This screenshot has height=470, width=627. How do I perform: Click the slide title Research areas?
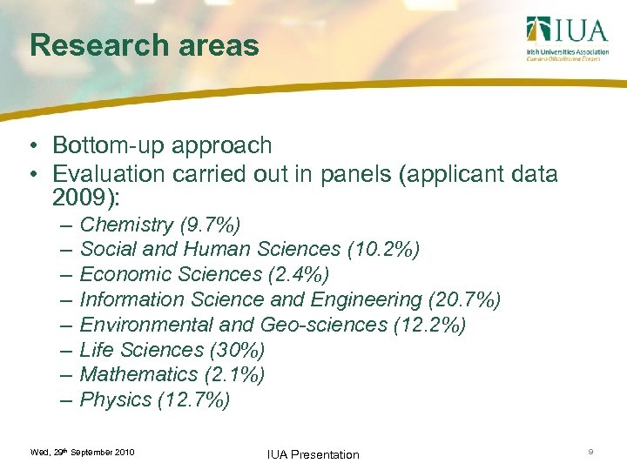click(x=144, y=45)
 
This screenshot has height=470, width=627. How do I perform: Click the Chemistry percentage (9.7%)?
click(x=211, y=225)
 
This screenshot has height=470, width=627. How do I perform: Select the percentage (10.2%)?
click(x=383, y=250)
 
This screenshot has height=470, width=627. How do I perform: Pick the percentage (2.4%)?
click(x=299, y=274)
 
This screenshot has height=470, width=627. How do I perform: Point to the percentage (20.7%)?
click(x=465, y=299)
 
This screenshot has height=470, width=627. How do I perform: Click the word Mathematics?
click(x=139, y=374)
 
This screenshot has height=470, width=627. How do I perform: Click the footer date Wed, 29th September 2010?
click(x=82, y=453)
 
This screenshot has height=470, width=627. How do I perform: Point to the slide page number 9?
click(x=591, y=452)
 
